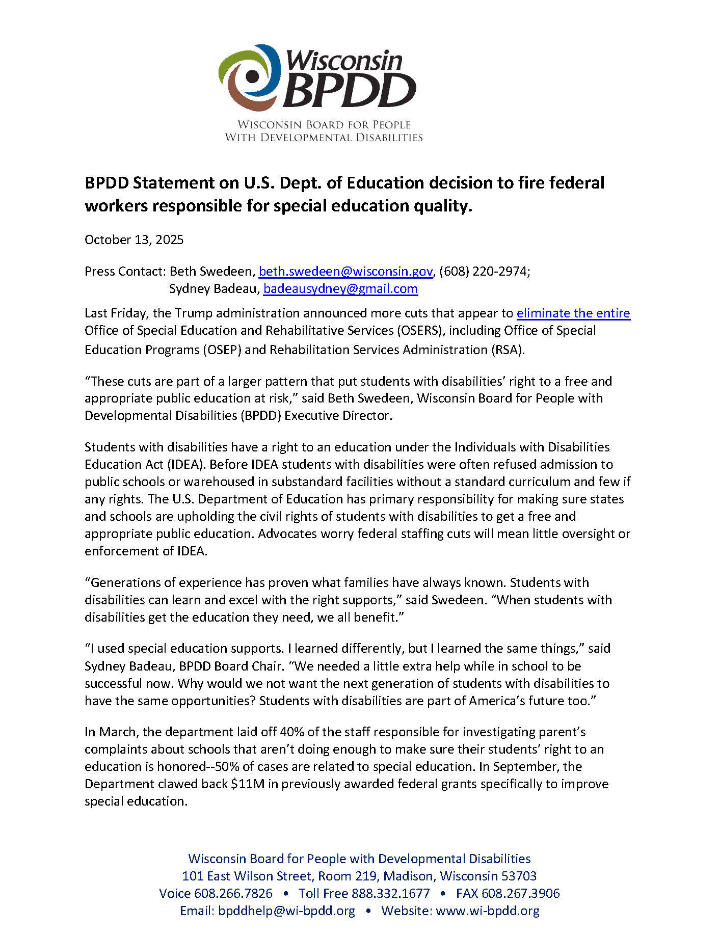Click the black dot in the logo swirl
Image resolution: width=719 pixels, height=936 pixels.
[x=252, y=77]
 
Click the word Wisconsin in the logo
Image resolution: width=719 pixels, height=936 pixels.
[x=344, y=61]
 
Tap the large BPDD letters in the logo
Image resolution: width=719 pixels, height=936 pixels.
[x=350, y=91]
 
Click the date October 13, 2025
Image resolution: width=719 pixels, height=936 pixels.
[x=134, y=240]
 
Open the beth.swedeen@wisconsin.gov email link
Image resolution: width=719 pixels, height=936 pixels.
[x=345, y=272]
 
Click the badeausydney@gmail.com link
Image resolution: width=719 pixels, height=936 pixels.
[x=340, y=289]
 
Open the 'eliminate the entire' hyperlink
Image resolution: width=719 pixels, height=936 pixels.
[x=573, y=313]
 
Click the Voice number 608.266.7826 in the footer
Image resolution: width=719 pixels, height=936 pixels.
[x=233, y=894]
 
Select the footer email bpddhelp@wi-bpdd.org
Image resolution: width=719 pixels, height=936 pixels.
[x=286, y=911]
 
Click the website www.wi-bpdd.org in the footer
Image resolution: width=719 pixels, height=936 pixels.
[x=488, y=911]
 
